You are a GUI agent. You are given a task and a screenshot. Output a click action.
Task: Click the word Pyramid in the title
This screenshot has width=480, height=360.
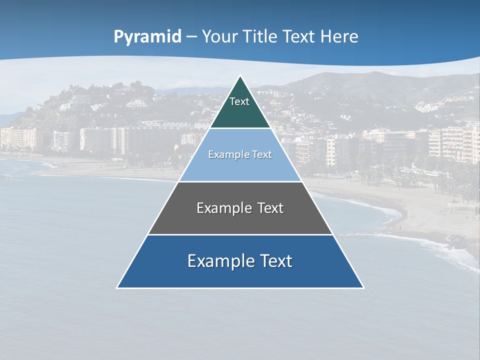click(147, 37)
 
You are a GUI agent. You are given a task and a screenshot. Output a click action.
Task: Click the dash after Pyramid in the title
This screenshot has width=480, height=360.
click(191, 37)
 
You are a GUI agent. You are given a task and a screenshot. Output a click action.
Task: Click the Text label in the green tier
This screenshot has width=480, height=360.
click(239, 101)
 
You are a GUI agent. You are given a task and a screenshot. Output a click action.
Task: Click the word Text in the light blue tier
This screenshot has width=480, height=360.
click(261, 154)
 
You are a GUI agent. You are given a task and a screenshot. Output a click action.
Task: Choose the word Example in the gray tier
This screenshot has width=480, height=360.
click(223, 208)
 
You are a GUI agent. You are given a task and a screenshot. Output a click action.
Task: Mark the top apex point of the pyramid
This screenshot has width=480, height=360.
click(240, 76)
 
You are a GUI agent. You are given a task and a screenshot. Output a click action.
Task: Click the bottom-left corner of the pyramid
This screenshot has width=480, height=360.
click(117, 287)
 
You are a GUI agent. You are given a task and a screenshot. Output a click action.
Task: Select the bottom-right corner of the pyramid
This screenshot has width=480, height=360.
click(363, 287)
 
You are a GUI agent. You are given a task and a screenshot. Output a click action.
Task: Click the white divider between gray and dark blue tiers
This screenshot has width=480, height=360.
click(240, 234)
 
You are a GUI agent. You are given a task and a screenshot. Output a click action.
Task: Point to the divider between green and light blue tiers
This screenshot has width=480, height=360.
click(240, 128)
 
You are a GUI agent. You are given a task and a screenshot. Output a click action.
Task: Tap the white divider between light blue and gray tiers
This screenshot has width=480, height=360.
click(240, 181)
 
